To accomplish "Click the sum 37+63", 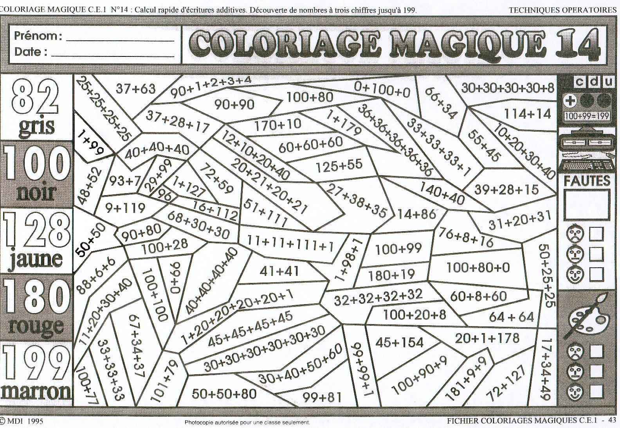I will pyautogui.click(x=135, y=89).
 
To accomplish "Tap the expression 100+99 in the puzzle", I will pyautogui.click(x=398, y=248).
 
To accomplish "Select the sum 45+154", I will pyautogui.click(x=399, y=343).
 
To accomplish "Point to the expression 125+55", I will pyautogui.click(x=339, y=165).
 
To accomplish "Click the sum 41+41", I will pyautogui.click(x=279, y=271).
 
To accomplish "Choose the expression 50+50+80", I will pyautogui.click(x=224, y=394).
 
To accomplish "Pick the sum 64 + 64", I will pyautogui.click(x=511, y=317).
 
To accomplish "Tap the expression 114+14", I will pyautogui.click(x=527, y=114).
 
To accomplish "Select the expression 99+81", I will pyautogui.click(x=322, y=397).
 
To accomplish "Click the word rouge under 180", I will pyautogui.click(x=36, y=325).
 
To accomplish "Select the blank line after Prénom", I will pyautogui.click(x=120, y=39).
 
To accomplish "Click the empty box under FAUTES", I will pyautogui.click(x=587, y=204).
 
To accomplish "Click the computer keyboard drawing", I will pyautogui.click(x=586, y=165).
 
